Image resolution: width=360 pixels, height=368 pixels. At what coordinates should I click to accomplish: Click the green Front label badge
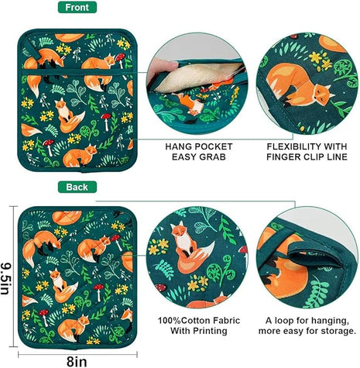77,8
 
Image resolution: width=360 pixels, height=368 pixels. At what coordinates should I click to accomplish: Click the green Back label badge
77,187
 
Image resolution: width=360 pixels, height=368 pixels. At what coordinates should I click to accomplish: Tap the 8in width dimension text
74,359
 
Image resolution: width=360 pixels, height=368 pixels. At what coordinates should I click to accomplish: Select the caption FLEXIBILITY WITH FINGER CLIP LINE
308,152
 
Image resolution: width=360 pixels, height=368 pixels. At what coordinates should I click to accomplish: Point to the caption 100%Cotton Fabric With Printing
190,325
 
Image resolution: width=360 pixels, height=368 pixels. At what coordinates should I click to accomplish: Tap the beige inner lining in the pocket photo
194,74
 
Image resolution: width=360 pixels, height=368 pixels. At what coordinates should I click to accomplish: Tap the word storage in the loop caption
333,332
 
